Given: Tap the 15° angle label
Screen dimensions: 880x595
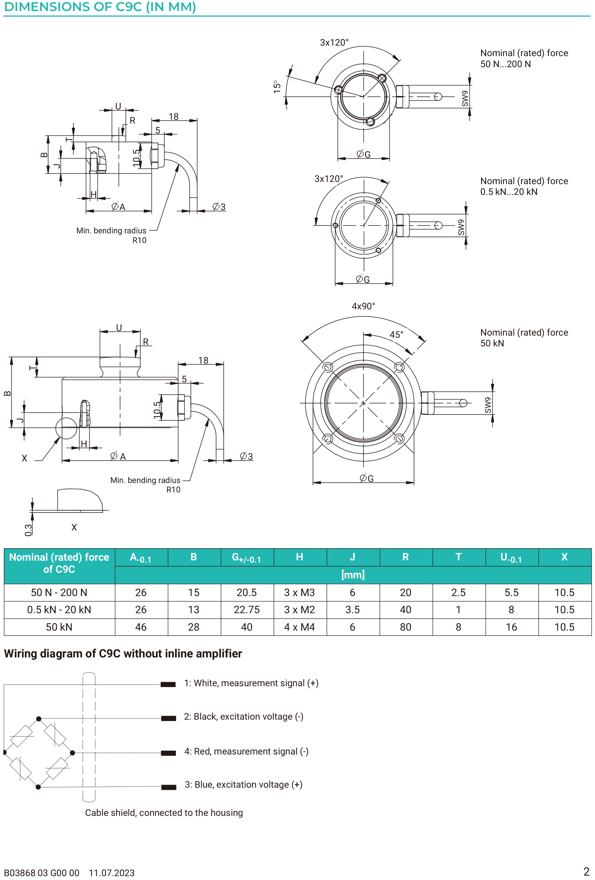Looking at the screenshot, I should pyautogui.click(x=277, y=87).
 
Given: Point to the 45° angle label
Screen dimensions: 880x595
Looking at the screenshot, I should pyautogui.click(x=396, y=335).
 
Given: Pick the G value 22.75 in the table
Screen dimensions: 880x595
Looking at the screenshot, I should pyautogui.click(x=247, y=610).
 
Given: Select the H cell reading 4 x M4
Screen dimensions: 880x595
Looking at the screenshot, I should pyautogui.click(x=299, y=627).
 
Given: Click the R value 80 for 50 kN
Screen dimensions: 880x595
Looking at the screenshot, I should pyautogui.click(x=405, y=627).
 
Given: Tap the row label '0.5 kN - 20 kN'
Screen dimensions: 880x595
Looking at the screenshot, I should pyautogui.click(x=59, y=610).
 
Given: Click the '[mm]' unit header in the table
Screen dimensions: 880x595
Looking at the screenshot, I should pyautogui.click(x=353, y=575).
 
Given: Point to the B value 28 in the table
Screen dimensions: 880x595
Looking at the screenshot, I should pyautogui.click(x=193, y=627).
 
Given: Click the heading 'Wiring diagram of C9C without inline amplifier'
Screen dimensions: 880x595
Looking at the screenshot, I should pyautogui.click(x=123, y=654).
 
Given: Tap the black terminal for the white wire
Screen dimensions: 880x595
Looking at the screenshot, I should pyautogui.click(x=168, y=684).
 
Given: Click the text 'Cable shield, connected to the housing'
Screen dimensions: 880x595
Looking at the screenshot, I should pyautogui.click(x=164, y=813).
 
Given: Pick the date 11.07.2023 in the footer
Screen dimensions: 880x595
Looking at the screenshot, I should pyautogui.click(x=112, y=873).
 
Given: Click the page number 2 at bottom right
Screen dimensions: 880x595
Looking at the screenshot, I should pyautogui.click(x=586, y=872).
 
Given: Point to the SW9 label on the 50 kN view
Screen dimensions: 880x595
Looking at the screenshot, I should pyautogui.click(x=488, y=405).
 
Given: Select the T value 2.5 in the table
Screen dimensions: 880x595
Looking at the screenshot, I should pyautogui.click(x=458, y=592).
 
